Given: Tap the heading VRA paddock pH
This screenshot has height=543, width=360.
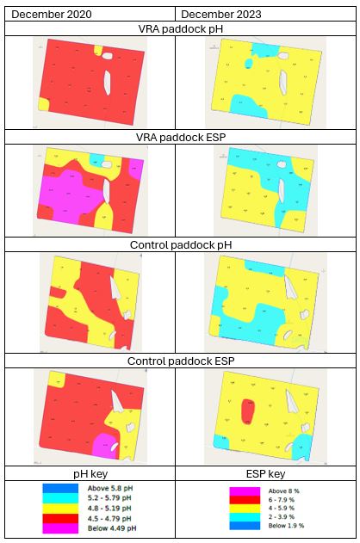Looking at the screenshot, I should (179, 28).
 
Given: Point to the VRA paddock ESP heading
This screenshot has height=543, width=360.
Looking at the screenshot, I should (179, 137).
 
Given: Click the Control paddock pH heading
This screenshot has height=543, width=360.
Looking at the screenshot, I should (179, 245).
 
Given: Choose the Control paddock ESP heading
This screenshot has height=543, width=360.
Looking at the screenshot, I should (179, 360).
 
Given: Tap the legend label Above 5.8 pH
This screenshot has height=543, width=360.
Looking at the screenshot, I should (111, 489).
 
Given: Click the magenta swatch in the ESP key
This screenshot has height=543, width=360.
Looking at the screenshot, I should (243, 491).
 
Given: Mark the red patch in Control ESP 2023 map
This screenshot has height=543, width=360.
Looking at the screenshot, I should (248, 414).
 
